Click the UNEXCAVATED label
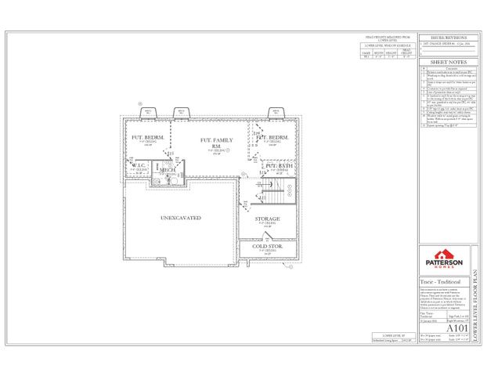(x=181, y=217)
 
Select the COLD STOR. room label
(x=267, y=247)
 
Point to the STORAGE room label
(x=268, y=219)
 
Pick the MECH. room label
(x=168, y=168)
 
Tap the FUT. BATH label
(x=279, y=166)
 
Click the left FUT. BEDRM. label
(x=146, y=138)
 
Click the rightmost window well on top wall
(x=276, y=112)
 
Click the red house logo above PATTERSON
(x=443, y=255)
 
